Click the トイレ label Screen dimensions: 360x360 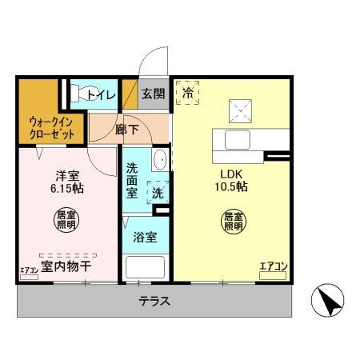[x=102, y=95]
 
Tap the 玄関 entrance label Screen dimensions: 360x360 [x=154, y=94]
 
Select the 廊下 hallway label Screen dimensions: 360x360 [x=126, y=128]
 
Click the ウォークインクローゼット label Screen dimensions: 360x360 [x=47, y=129]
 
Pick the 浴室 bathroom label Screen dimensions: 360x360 [x=145, y=237]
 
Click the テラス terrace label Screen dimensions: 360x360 [x=154, y=302]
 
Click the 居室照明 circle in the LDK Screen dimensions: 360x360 [x=233, y=221]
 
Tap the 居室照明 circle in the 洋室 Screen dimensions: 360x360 [x=66, y=219]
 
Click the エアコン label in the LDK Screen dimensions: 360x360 [x=273, y=266]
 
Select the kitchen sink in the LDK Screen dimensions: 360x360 [x=238, y=140]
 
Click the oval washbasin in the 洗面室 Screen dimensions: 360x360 [x=159, y=159]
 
